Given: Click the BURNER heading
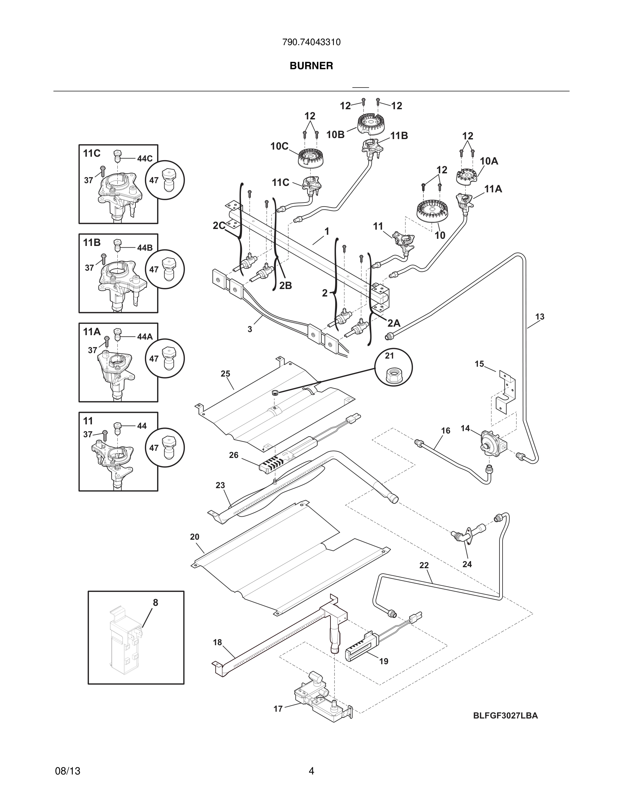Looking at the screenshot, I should (x=311, y=66).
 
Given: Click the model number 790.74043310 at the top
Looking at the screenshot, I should (x=311, y=42).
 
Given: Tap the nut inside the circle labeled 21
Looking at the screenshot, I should (x=393, y=376).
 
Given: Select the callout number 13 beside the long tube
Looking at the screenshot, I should (x=540, y=316).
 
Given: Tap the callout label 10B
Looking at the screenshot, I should (x=335, y=135).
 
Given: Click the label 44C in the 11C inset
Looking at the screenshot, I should (x=145, y=159).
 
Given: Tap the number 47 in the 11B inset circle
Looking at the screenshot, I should (x=154, y=269).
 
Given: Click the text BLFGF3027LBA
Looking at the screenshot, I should (x=505, y=715).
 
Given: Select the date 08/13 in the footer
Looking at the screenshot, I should (x=68, y=771).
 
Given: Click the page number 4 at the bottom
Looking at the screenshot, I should (x=311, y=771).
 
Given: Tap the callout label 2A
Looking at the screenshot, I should (x=394, y=323).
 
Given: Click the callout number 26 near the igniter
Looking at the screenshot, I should (x=233, y=455).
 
